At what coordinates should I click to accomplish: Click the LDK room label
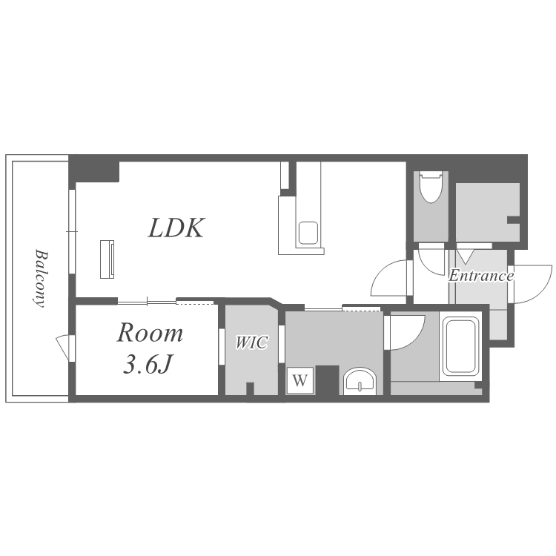pyautogui.click(x=176, y=228)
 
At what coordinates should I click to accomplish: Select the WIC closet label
pyautogui.click(x=252, y=342)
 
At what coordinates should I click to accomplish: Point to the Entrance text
pyautogui.click(x=481, y=276)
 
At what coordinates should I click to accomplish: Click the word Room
pyautogui.click(x=150, y=333)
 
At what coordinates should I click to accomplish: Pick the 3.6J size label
pyautogui.click(x=148, y=363)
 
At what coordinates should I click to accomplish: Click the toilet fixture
pyautogui.click(x=431, y=187)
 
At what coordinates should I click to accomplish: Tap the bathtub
pyautogui.click(x=460, y=346)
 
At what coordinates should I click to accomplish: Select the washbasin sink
pyautogui.click(x=360, y=382)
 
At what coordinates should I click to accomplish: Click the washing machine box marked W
pyautogui.click(x=300, y=380)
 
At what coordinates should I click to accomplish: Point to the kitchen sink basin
pyautogui.click(x=308, y=233)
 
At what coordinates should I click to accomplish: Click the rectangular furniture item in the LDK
pyautogui.click(x=107, y=259)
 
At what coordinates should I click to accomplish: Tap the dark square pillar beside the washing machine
pyautogui.click(x=327, y=380)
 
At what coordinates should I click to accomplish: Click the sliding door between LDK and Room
pyautogui.click(x=147, y=302)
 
